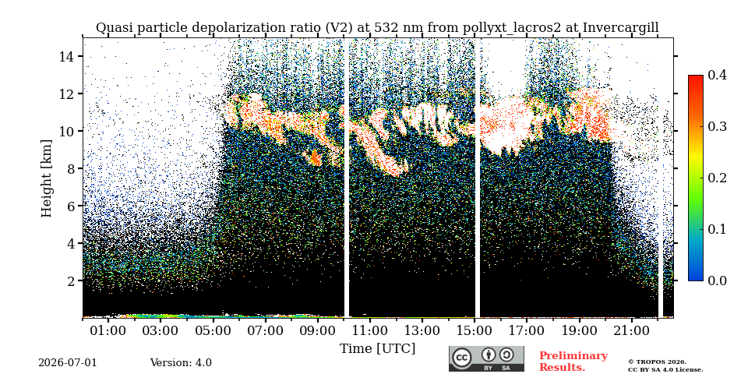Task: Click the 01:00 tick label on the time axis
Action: pyautogui.click(x=108, y=330)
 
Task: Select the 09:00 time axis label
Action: pyautogui.click(x=318, y=330)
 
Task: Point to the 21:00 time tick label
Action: pyautogui.click(x=632, y=330)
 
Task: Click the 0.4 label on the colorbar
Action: pyautogui.click(x=717, y=75)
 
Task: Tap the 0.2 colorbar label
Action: pyautogui.click(x=717, y=178)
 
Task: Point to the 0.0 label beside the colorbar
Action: pyautogui.click(x=717, y=280)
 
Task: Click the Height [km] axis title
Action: pyautogui.click(x=46, y=178)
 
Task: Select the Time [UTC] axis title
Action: pyautogui.click(x=377, y=348)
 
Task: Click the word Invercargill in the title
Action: pyautogui.click(x=621, y=28)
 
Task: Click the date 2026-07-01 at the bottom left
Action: pyautogui.click(x=68, y=362)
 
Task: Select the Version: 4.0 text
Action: pyautogui.click(x=181, y=362)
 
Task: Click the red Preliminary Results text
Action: pyautogui.click(x=573, y=362)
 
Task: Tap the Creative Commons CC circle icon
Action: pyautogui.click(x=462, y=358)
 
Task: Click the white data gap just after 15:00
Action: pyautogui.click(x=478, y=178)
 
